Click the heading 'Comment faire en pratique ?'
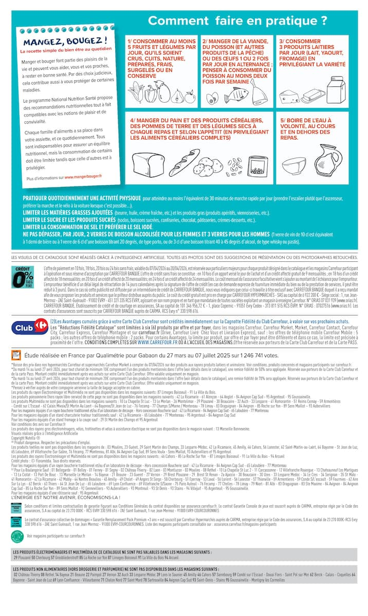coord(237,21)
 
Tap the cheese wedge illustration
coord(290,95)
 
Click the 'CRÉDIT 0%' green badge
coord(23,279)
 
